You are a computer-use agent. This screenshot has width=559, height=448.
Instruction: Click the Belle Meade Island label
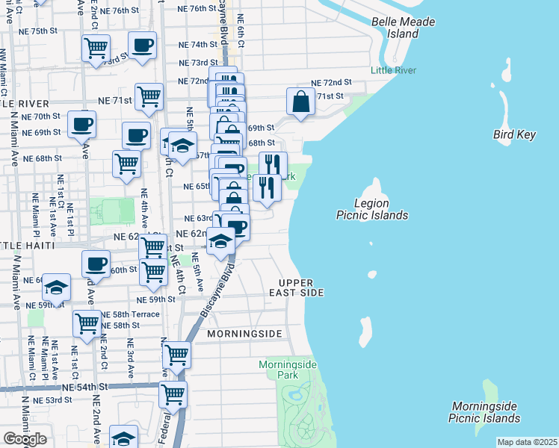tap(404, 28)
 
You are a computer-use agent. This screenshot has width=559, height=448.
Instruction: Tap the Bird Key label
tap(515, 134)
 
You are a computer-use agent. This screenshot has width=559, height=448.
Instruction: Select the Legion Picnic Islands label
tap(371, 209)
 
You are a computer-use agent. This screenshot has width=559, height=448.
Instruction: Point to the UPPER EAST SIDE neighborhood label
tap(301, 287)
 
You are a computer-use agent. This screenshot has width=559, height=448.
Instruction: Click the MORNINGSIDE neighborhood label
tap(244, 333)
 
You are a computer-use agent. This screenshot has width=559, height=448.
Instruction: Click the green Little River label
tap(393, 71)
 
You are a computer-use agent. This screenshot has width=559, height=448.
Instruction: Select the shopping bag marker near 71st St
tap(300, 102)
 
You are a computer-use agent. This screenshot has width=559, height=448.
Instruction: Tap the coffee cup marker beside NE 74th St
tap(142, 46)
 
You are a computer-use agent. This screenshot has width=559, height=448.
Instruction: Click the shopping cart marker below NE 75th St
tap(96, 49)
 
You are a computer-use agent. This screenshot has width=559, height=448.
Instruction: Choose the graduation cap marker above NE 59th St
tap(56, 287)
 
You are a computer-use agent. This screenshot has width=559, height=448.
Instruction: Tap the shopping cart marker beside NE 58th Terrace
tap(87, 324)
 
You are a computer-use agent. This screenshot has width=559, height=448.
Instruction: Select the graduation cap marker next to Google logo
tap(124, 438)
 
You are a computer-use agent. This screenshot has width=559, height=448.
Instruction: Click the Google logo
tap(25, 439)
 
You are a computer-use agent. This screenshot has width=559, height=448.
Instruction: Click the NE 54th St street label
tap(85, 387)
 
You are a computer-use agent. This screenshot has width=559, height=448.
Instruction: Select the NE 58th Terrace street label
tap(130, 314)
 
